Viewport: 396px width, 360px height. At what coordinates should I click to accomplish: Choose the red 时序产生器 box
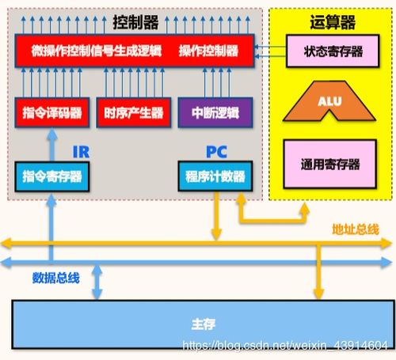[x=132, y=113]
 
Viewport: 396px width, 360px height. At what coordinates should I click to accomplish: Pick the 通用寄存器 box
[x=330, y=165]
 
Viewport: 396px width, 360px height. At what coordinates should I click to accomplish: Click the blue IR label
[x=80, y=150]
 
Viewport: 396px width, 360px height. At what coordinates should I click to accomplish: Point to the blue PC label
[x=215, y=150]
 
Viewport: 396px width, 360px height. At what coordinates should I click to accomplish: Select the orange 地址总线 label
[x=356, y=230]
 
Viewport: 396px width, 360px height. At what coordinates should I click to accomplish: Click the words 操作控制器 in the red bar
[x=208, y=51]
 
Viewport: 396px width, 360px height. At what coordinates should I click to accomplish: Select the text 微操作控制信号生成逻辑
[x=93, y=51]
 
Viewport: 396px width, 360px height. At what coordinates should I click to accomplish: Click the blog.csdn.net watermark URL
[x=285, y=346]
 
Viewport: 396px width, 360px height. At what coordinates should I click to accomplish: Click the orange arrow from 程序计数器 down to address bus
[x=215, y=214]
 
